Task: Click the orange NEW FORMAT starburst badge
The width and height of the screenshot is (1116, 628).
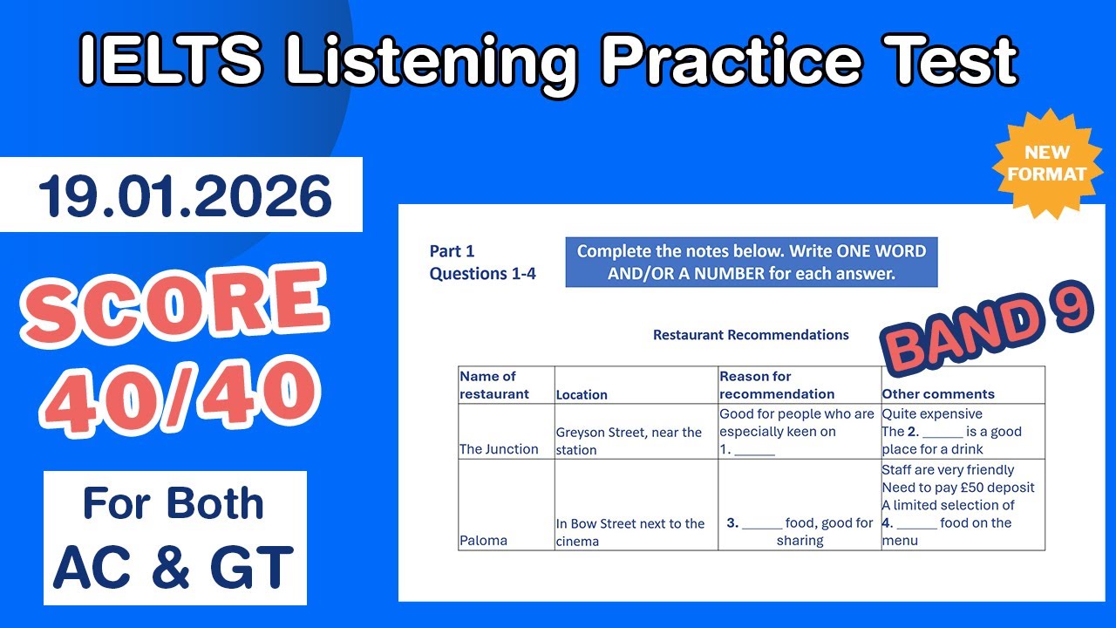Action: point(1045,163)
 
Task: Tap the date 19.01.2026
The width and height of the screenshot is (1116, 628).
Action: point(184,196)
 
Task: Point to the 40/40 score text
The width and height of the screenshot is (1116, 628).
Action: point(180,393)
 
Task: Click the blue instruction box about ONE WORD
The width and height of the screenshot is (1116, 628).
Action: point(751,263)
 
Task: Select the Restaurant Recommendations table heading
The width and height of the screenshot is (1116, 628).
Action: point(751,335)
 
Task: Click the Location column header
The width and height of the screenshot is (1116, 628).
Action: point(582,394)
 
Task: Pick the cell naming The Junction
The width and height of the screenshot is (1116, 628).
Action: point(499,449)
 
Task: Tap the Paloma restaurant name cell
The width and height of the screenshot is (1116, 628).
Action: point(483,541)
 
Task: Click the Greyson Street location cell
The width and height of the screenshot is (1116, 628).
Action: point(629,440)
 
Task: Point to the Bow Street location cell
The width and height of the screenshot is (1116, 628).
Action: point(629,532)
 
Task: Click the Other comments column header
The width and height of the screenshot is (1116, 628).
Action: point(938,394)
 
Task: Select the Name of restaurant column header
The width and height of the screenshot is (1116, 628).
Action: point(493,385)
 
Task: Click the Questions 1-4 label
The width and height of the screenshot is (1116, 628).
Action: point(482,274)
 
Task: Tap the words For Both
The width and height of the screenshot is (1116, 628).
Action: point(174,503)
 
